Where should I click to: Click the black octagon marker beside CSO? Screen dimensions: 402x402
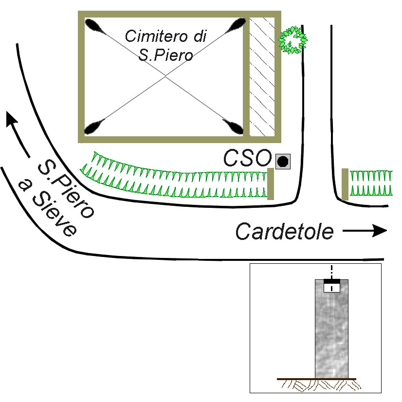pos(283,161)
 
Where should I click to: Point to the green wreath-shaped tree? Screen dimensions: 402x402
pos(292,40)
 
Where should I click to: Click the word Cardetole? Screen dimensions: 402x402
pos(285,231)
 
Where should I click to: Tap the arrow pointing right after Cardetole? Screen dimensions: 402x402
pos(365,231)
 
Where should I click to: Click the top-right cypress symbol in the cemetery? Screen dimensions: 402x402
pos(237,25)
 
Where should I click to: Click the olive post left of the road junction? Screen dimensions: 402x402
pos(271,183)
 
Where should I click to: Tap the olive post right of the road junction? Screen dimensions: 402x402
pos(345,184)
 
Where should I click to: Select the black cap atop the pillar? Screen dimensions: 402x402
pos(332,281)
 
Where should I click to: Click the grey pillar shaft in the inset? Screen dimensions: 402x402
pos(332,336)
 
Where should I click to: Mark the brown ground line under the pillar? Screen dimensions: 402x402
pos(316,379)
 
